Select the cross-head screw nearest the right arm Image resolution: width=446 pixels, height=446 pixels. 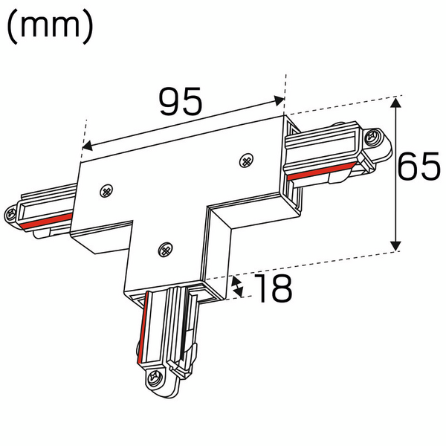[x=247, y=159]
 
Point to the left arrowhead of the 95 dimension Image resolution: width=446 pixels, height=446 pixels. [x=85, y=146]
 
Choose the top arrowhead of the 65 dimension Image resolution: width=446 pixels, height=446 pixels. [x=397, y=105]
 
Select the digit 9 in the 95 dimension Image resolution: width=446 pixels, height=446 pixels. [x=169, y=102]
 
